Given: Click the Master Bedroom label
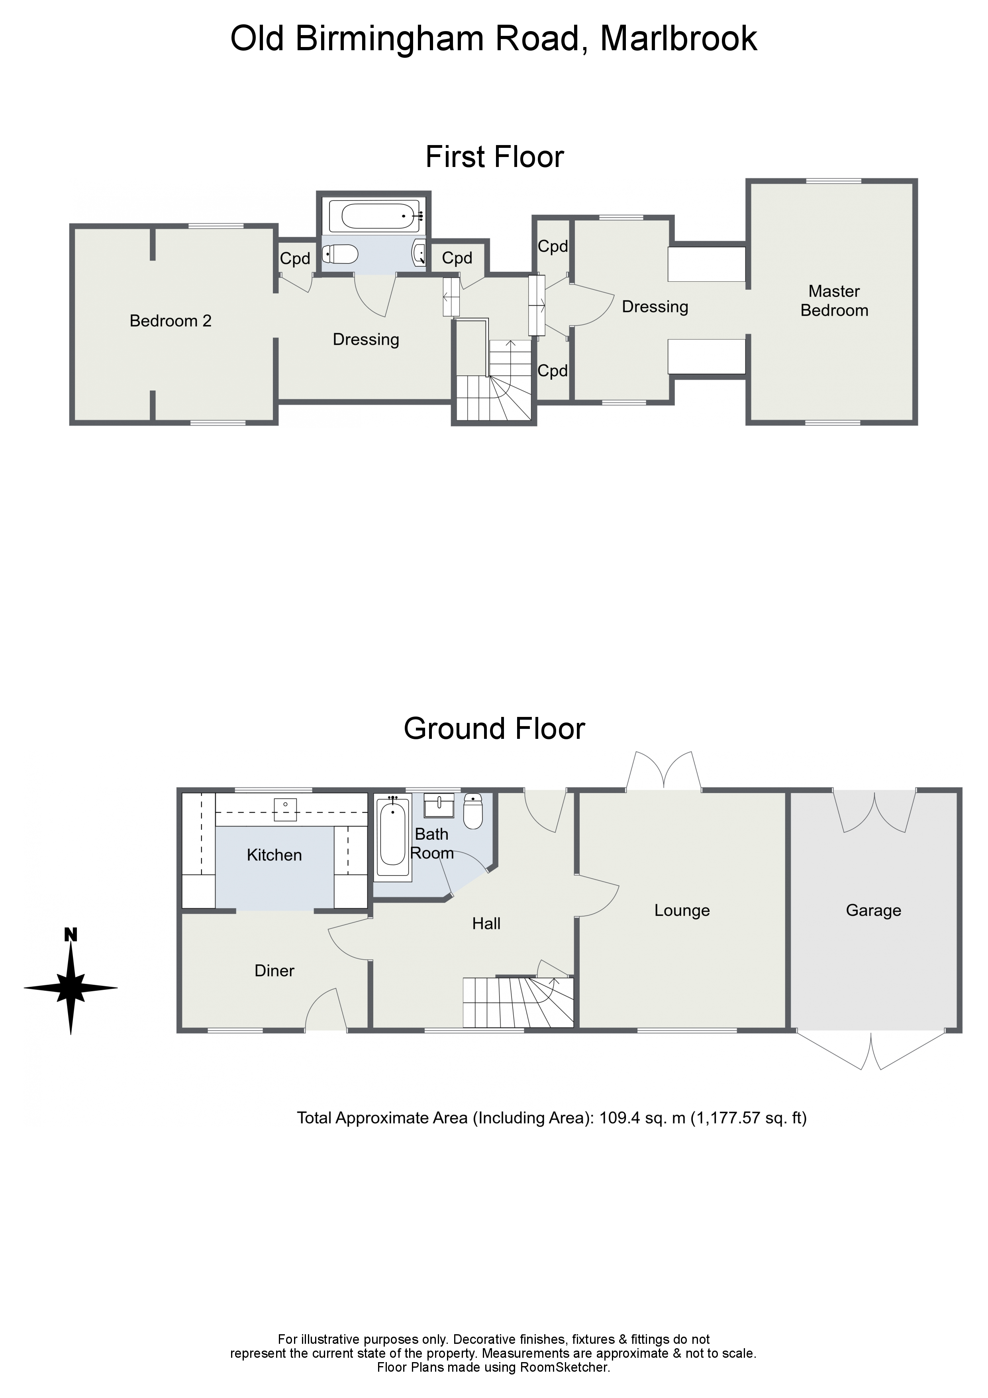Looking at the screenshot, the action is tap(834, 301).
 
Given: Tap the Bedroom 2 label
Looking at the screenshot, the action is tap(171, 321).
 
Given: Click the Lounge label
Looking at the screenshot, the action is tap(682, 910).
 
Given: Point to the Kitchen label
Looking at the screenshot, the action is tap(274, 855).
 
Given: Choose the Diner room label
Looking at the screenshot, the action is tap(274, 970).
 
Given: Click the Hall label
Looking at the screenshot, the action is tap(486, 924).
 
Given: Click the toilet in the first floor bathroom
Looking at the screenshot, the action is tap(340, 253).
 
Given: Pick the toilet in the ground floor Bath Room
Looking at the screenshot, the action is tap(473, 811).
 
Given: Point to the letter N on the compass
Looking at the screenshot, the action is tap(71, 935).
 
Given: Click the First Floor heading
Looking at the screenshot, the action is tap(494, 157).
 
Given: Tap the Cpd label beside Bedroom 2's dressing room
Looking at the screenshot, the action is tap(295, 259).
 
